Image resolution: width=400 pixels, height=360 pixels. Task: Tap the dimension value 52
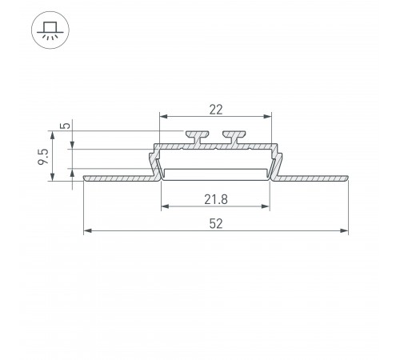coord(216,223)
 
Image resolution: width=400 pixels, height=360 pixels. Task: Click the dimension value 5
coord(66,126)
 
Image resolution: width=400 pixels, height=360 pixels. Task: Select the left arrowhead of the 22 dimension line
coord(164,116)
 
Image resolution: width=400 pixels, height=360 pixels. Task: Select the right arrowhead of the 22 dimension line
coord(269,116)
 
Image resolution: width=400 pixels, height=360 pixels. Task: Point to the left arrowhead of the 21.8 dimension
coord(165,206)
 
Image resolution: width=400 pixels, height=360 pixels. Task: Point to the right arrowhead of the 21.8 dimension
coord(267,206)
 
